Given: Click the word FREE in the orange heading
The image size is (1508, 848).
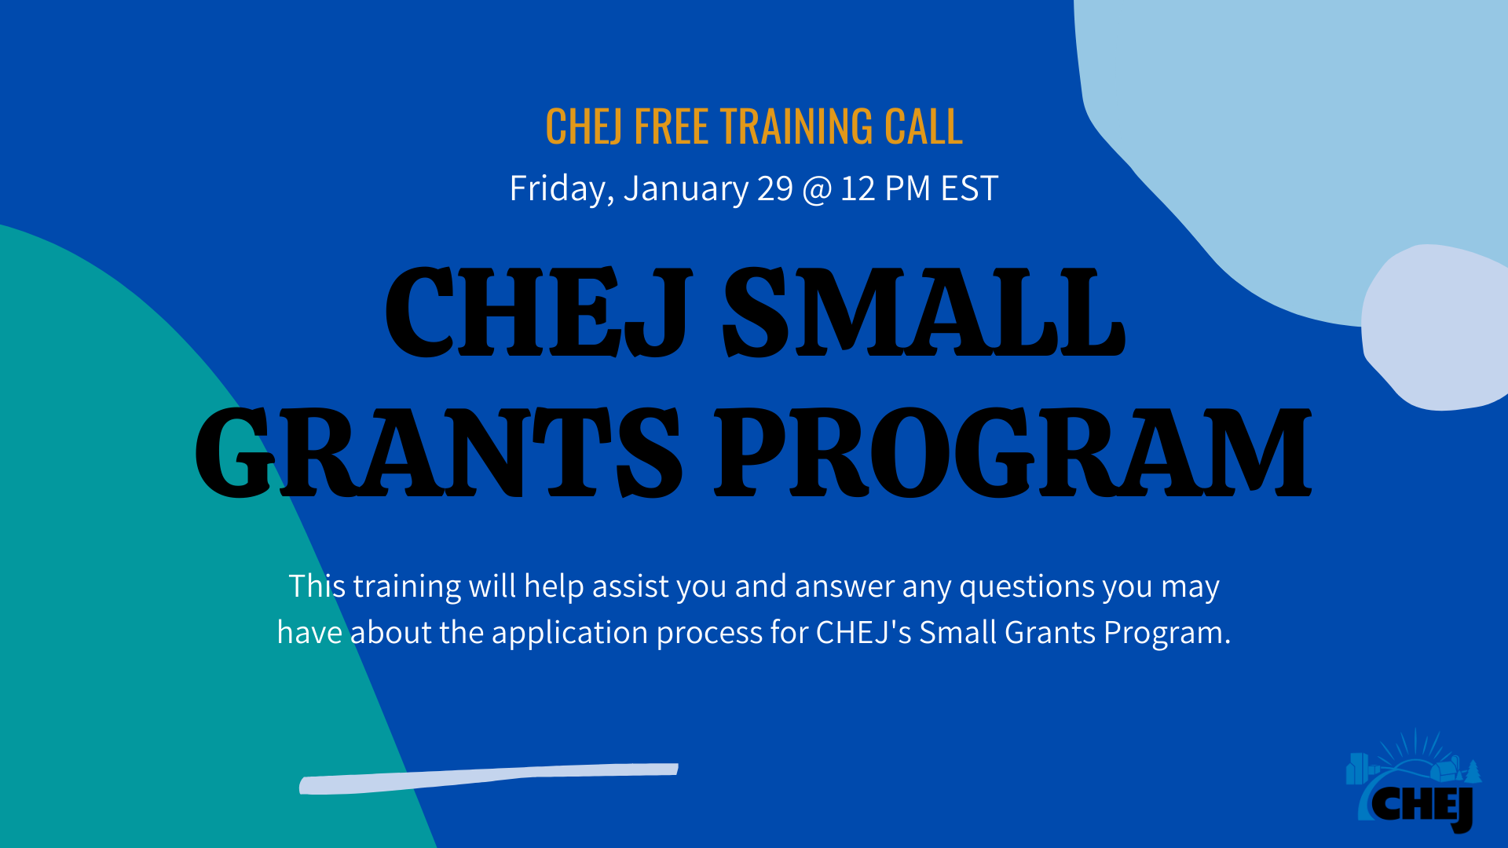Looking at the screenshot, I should (671, 126).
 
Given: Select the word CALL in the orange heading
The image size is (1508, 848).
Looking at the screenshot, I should (923, 126).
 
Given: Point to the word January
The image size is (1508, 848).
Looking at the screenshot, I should (686, 189).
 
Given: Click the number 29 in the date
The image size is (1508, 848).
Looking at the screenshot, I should (774, 188).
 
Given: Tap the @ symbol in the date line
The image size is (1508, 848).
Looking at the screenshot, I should (817, 189).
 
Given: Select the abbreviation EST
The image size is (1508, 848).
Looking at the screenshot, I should (969, 188).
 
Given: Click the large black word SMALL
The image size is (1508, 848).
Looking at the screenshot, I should (924, 313).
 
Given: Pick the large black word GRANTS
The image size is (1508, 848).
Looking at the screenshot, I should (438, 453).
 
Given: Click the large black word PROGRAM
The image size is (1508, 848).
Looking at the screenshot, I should (1012, 453).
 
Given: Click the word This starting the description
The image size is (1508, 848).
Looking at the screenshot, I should (317, 586).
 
